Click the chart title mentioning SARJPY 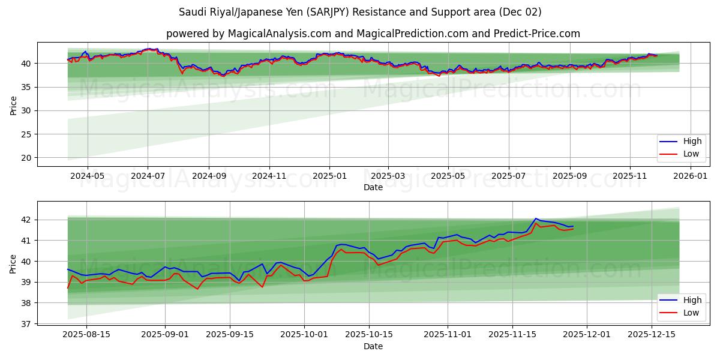click(x=360, y=12)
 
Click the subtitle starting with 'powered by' click(x=373, y=34)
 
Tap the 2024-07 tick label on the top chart click(x=148, y=176)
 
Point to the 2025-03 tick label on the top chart click(x=388, y=176)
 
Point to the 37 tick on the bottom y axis click(x=26, y=324)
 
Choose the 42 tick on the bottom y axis click(x=26, y=220)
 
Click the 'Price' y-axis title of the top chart click(x=13, y=105)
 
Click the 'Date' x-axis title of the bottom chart click(x=373, y=346)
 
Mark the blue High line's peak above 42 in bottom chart click(x=536, y=218)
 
